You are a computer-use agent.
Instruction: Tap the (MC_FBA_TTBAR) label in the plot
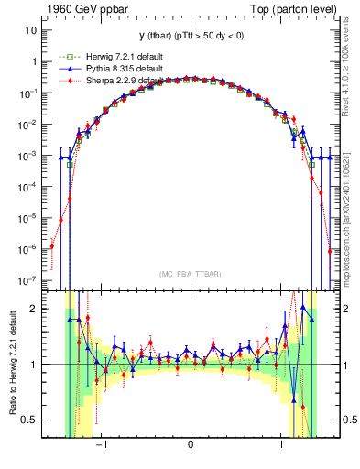(x=190, y=274)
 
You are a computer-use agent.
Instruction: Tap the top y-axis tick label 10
(x=30, y=30)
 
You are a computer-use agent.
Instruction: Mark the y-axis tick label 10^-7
(x=27, y=279)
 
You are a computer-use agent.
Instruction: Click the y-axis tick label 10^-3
(x=27, y=155)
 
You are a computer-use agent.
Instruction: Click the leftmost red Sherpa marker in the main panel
(x=52, y=245)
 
